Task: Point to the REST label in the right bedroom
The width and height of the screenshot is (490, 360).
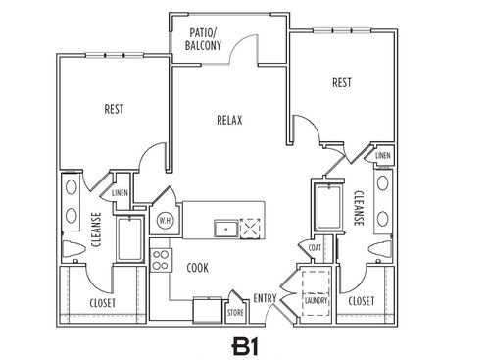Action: (x=342, y=83)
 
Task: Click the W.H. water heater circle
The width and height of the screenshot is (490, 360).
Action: (x=165, y=221)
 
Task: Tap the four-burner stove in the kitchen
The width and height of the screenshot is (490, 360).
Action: (x=161, y=260)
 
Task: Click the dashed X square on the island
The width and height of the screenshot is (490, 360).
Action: (x=252, y=228)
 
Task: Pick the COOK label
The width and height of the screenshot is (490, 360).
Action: (x=197, y=267)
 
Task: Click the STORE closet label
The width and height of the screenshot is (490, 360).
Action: (x=234, y=315)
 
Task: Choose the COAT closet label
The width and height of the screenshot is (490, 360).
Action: (x=315, y=248)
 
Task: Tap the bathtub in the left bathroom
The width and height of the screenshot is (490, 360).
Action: (x=128, y=239)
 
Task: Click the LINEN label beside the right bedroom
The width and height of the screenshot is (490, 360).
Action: (x=382, y=156)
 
